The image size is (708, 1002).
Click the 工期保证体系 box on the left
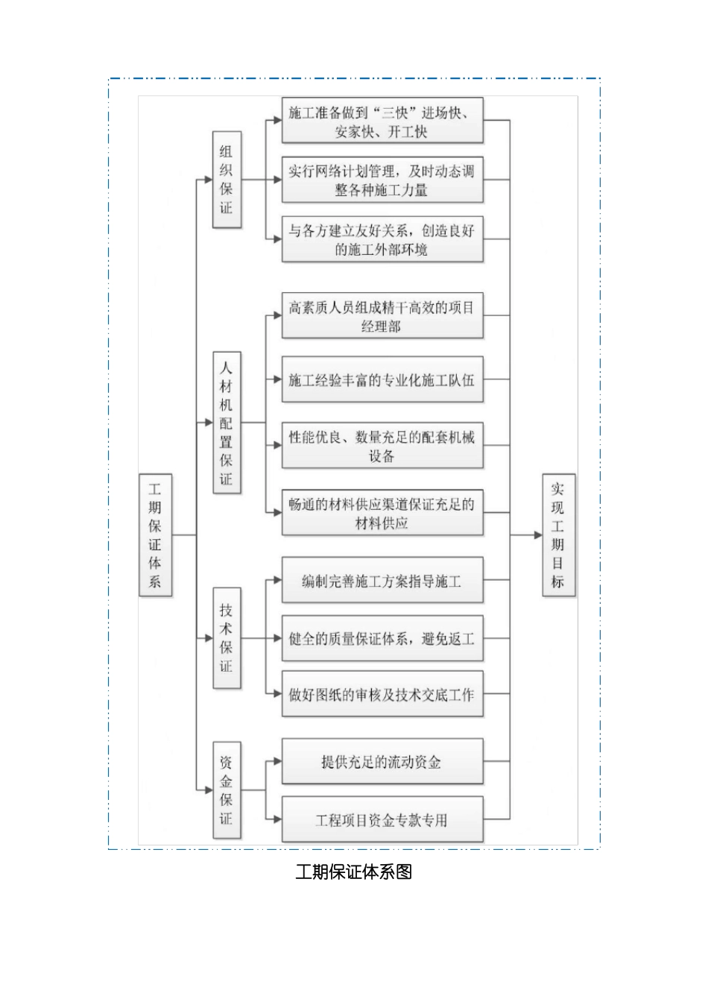click(155, 535)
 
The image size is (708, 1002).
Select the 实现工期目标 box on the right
click(558, 535)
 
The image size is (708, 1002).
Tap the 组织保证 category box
click(226, 180)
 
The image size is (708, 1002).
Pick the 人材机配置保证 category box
click(226, 423)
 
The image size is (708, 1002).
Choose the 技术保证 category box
click(226, 638)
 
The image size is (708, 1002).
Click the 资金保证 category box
click(226, 790)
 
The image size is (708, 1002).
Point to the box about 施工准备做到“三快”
click(382, 122)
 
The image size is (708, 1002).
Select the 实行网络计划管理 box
click(382, 180)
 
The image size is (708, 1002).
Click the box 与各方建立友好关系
click(382, 239)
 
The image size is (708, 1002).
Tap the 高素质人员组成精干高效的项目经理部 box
click(382, 316)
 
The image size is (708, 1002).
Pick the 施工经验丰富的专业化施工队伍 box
click(382, 380)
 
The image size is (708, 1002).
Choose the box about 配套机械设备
click(382, 446)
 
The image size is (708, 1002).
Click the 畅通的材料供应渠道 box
click(382, 513)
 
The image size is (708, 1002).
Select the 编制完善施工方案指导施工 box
click(382, 581)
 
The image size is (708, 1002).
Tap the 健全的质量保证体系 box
click(382, 638)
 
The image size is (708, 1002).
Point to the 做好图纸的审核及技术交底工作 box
click(382, 695)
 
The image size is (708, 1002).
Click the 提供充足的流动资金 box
click(382, 762)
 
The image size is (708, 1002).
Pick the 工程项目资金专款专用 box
click(382, 820)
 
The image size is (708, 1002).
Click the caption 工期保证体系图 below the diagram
click(354, 872)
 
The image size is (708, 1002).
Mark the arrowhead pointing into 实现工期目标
click(538, 535)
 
